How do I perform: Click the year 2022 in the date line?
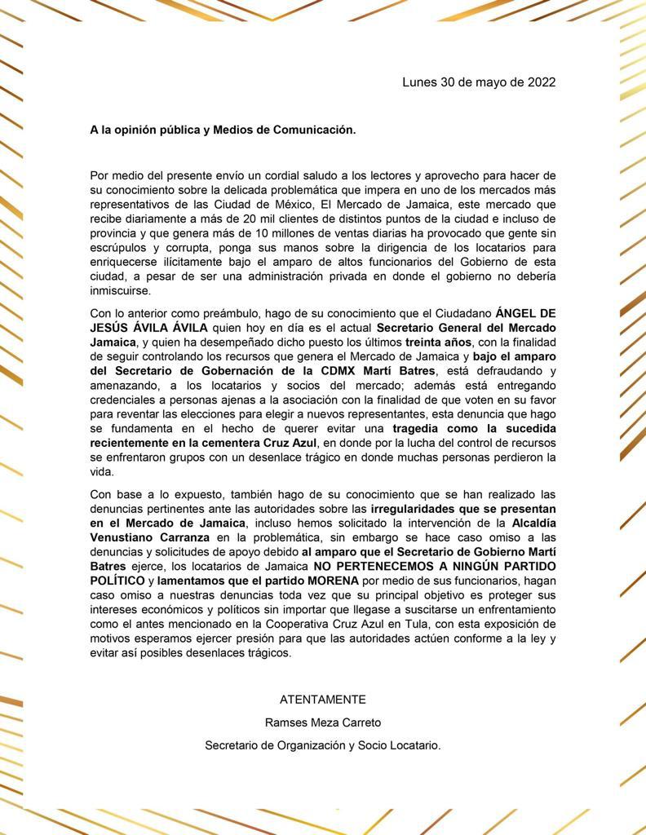click(x=542, y=82)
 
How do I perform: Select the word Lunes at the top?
click(x=419, y=82)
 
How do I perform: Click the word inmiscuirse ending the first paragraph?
click(x=121, y=291)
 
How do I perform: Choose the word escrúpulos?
click(x=119, y=249)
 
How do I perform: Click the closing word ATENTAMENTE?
click(x=323, y=699)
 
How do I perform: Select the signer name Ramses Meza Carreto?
click(x=323, y=722)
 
